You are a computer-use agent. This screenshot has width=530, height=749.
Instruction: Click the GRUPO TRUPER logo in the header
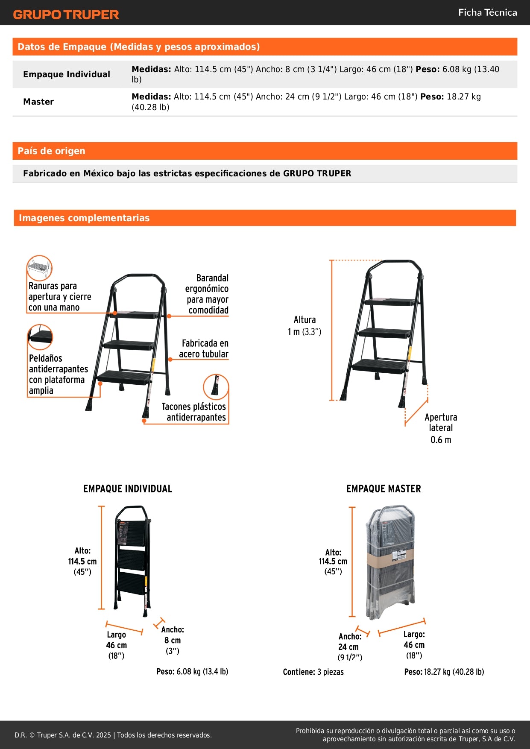[66, 15]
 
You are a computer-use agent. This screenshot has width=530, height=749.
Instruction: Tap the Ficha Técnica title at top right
[487, 12]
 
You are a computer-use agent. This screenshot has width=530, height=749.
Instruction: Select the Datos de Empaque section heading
[138, 47]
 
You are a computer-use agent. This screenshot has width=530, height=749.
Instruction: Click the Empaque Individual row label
[67, 74]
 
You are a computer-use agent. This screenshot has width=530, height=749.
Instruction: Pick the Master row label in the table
[38, 102]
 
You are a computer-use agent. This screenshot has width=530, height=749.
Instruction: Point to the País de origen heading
[51, 151]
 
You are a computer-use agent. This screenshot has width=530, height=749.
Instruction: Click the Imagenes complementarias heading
[84, 218]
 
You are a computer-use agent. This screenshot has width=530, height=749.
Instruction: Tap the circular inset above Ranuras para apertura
[39, 268]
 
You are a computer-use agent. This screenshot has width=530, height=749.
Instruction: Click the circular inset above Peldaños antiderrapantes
[40, 337]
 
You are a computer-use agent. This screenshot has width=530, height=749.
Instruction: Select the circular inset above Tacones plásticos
[216, 387]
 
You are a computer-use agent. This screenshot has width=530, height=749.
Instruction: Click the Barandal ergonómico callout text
[208, 294]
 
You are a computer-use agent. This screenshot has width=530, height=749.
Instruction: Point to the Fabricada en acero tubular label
[204, 348]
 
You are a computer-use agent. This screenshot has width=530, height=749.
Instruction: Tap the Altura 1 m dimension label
[305, 326]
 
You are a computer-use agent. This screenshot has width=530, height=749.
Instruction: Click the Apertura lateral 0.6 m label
[441, 428]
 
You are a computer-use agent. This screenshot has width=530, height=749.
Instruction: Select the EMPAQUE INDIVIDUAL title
[128, 489]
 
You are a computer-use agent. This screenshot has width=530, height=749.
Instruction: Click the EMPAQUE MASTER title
[384, 489]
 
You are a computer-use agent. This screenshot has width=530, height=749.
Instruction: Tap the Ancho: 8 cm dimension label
[173, 640]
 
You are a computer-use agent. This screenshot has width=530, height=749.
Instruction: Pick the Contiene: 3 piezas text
[313, 672]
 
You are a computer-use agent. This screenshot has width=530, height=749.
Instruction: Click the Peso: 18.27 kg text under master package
[444, 672]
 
